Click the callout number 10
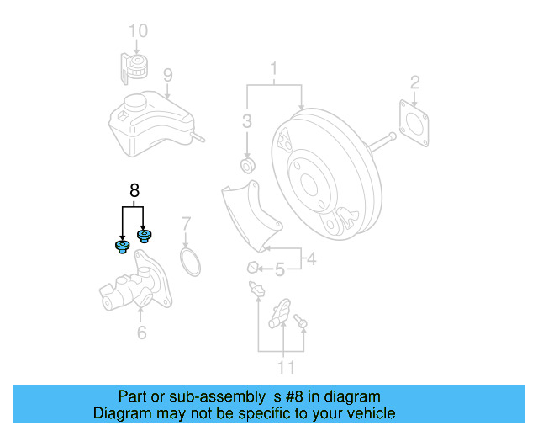pyautogui.click(x=138, y=32)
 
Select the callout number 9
pyautogui.click(x=167, y=76)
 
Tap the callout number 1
pyautogui.click(x=273, y=67)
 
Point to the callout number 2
pyautogui.click(x=414, y=82)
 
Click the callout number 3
pyautogui.click(x=247, y=121)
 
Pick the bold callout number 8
pyautogui.click(x=133, y=190)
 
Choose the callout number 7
pyautogui.click(x=187, y=224)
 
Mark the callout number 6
pyautogui.click(x=141, y=333)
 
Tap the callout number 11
pyautogui.click(x=287, y=367)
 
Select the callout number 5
pyautogui.click(x=281, y=269)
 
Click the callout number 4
pyautogui.click(x=311, y=259)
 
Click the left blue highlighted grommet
pyautogui.click(x=121, y=246)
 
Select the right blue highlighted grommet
pyautogui.click(x=144, y=235)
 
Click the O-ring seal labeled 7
pyautogui.click(x=192, y=261)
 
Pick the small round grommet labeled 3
pyautogui.click(x=247, y=162)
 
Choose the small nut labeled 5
pyautogui.click(x=251, y=269)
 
